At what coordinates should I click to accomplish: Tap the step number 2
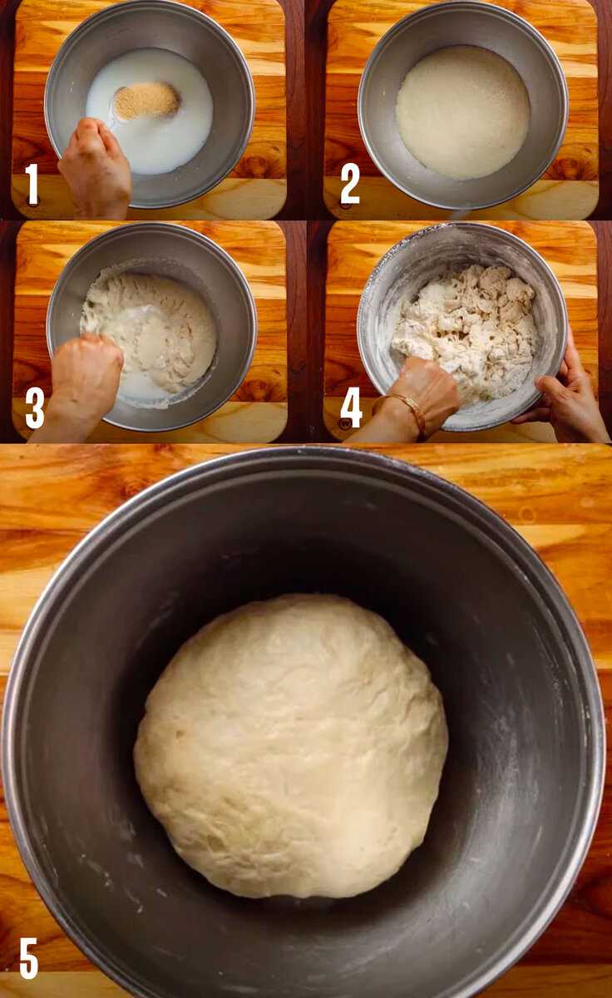coord(349,183)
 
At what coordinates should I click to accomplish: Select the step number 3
coord(34,408)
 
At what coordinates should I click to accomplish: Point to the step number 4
coord(351,407)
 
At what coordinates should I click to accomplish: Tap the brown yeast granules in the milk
coord(146,101)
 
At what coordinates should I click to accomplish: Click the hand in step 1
coord(95,167)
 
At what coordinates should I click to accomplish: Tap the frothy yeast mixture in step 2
coord(463,112)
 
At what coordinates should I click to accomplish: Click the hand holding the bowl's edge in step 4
coord(565,392)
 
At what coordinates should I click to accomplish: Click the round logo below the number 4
coord(345,423)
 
